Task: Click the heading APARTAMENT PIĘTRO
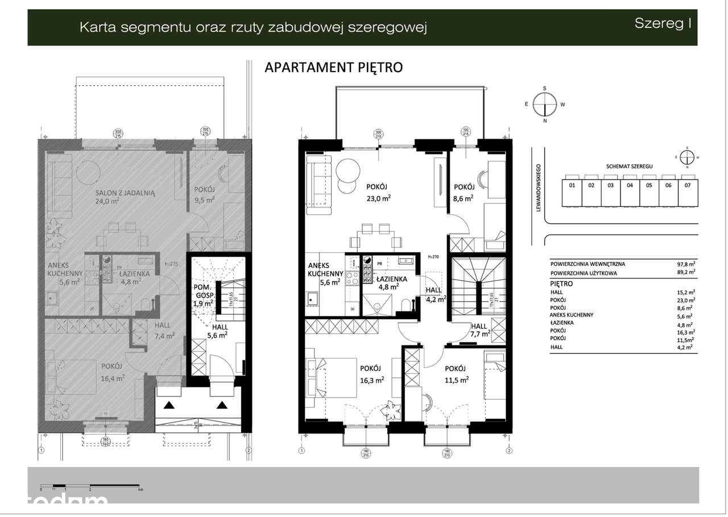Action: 333,68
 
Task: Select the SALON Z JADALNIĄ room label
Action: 125,193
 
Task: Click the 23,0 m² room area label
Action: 379,198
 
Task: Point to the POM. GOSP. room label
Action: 202,291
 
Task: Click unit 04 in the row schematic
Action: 630,185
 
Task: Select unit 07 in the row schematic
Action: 688,185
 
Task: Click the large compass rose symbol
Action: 545,105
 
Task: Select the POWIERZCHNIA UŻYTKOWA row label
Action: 584,273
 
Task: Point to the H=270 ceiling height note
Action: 436,257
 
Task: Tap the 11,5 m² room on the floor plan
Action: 456,379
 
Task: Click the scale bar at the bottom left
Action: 90,487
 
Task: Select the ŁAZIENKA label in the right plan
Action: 391,279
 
